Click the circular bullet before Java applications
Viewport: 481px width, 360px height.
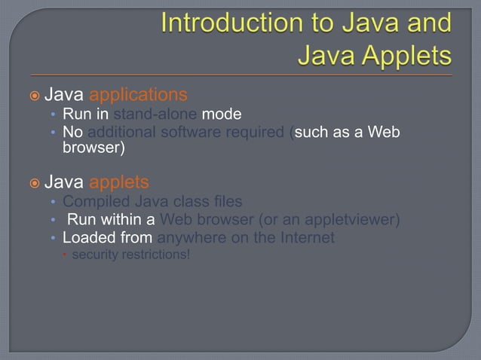tap(33, 96)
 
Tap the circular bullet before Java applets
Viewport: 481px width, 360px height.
tap(33, 183)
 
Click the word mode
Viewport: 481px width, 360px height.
tap(222, 115)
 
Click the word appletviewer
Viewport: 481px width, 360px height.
tap(354, 220)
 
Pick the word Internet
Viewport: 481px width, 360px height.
tap(307, 239)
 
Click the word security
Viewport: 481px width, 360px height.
tap(93, 255)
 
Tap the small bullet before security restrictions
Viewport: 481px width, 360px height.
tap(64, 255)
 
